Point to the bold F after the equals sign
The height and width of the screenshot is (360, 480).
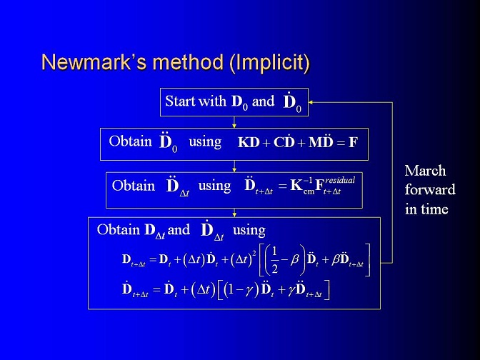pyautogui.click(x=353, y=142)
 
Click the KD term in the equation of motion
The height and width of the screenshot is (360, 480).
pyautogui.click(x=249, y=142)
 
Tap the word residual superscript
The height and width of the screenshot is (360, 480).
pyautogui.click(x=340, y=180)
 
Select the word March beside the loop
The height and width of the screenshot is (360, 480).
pyautogui.click(x=425, y=171)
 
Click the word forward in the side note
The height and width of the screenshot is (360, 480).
pyautogui.click(x=430, y=190)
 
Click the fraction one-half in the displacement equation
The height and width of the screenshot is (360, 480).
pyautogui.click(x=274, y=260)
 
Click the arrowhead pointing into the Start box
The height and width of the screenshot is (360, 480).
pyautogui.click(x=311, y=102)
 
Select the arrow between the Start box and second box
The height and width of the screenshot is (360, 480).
pyautogui.click(x=234, y=122)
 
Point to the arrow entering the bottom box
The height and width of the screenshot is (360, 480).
pyautogui.click(x=234, y=213)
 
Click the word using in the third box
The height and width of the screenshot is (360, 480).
pyautogui.click(x=214, y=186)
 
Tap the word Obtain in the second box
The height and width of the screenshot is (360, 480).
pyautogui.click(x=130, y=141)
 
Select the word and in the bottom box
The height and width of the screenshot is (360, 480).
pyautogui.click(x=179, y=230)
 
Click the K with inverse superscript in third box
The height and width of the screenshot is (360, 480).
pyautogui.click(x=302, y=185)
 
